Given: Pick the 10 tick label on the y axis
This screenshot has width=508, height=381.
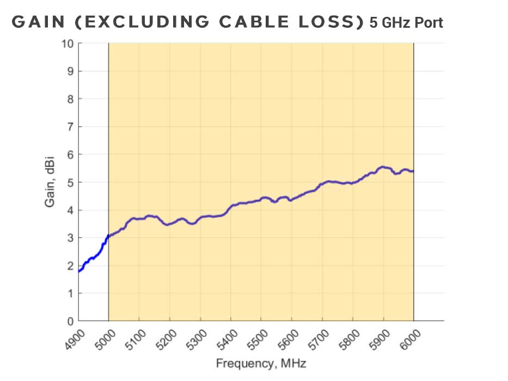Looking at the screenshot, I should click(x=68, y=44).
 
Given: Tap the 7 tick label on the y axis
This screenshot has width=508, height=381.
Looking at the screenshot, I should click(x=71, y=127).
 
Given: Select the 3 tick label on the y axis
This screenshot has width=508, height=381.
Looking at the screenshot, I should click(x=71, y=238).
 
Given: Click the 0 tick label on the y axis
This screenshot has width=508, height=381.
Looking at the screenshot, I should click(x=71, y=321).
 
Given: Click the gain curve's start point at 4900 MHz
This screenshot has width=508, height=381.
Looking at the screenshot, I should click(x=79, y=271).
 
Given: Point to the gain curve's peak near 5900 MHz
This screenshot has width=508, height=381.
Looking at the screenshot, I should click(x=383, y=167).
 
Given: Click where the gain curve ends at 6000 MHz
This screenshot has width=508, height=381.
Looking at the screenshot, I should click(x=413, y=171).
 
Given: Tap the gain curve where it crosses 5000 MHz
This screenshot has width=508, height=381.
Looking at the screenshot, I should click(x=109, y=236).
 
